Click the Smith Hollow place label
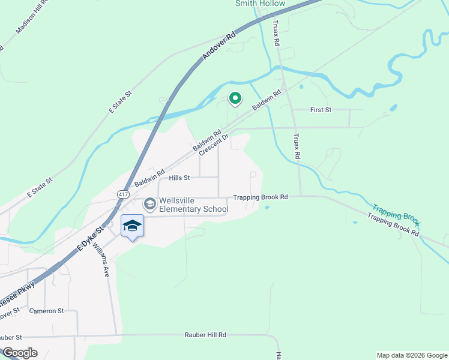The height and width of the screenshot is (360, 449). [260, 4]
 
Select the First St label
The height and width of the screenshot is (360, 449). [321, 110]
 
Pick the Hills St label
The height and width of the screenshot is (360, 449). [179, 178]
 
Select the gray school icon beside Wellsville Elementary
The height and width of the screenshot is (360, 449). [150, 205]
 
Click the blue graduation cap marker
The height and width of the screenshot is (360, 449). [132, 226]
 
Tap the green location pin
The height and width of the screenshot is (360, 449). [235, 98]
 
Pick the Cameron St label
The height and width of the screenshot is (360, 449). [46, 311]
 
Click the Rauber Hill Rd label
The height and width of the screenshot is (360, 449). [205, 335]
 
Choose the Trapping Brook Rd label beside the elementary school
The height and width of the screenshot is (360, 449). [261, 197]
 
